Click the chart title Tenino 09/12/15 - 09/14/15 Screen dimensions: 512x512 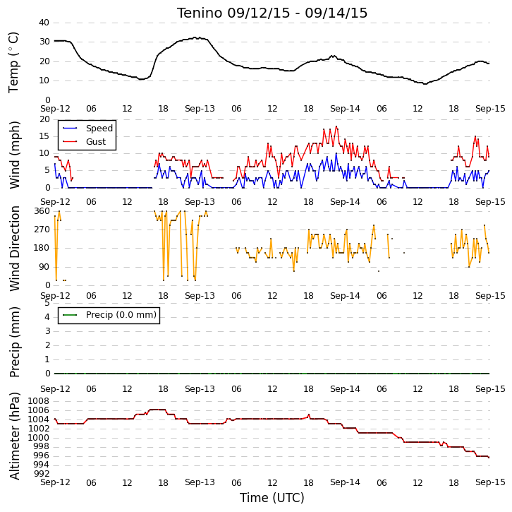point(272,13)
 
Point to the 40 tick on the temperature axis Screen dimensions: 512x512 point(44,23)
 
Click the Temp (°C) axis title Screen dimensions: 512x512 point(13,62)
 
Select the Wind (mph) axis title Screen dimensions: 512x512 point(15,155)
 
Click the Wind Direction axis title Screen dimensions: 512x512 point(14,248)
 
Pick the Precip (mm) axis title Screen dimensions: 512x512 point(15,342)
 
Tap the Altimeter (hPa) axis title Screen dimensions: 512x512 point(15,436)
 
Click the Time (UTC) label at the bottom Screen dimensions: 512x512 point(272,498)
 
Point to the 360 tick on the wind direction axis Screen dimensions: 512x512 point(42,211)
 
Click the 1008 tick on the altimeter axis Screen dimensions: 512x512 point(39,401)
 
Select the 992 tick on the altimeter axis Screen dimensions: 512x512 point(42,473)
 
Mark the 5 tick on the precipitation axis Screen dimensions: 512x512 point(47,303)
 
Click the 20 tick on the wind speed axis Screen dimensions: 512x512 point(44,119)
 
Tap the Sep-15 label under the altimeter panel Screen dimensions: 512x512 point(490,482)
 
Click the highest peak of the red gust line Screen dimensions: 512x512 point(336,126)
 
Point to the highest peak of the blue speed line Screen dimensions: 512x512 point(336,153)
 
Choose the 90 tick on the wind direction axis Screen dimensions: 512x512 point(44,267)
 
